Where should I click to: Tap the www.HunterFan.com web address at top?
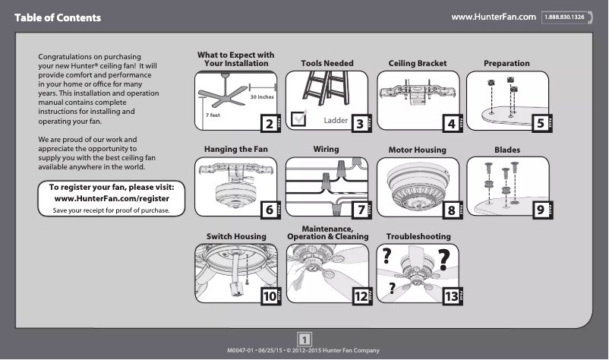[x=494, y=17]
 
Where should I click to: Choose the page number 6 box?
[x=267, y=210]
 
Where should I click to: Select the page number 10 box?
[x=267, y=297]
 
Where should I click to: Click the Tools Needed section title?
[x=327, y=64]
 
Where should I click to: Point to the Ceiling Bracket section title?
[x=418, y=64]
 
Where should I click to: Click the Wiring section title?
[x=326, y=150]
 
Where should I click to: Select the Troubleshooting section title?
[x=418, y=237]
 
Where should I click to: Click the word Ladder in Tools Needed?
[x=335, y=121]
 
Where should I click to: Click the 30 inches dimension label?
[x=262, y=98]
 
